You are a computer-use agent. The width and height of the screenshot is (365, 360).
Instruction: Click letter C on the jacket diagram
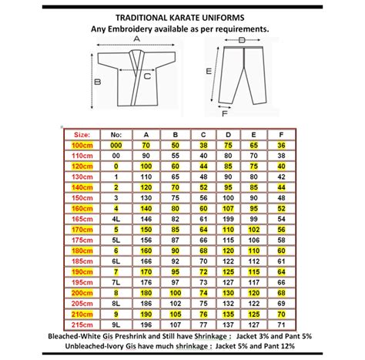[146, 76]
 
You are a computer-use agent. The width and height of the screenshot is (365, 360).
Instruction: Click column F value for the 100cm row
[282, 144]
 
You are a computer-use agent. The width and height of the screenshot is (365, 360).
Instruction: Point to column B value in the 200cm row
[176, 293]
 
